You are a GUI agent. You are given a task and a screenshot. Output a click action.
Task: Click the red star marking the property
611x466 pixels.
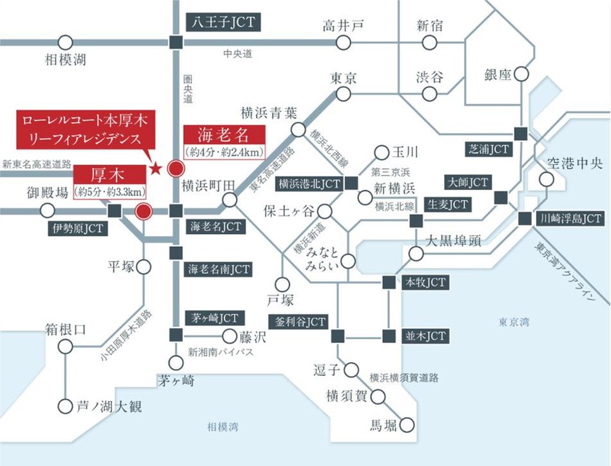coord(155,170)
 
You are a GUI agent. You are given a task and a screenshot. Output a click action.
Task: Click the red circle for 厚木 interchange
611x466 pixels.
coord(144,211)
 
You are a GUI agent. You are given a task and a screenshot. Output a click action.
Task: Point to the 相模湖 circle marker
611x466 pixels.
coord(65,43)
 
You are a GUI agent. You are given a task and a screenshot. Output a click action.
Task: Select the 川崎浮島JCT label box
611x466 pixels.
coord(570,218)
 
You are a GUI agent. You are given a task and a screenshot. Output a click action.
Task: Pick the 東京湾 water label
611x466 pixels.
coord(513,321)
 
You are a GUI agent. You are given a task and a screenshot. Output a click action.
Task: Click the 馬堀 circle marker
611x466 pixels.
coord(407,425)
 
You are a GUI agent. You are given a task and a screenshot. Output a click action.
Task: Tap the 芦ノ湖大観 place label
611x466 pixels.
coord(108,407)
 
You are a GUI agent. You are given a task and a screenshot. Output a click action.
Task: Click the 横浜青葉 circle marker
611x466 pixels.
coord(298,130)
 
